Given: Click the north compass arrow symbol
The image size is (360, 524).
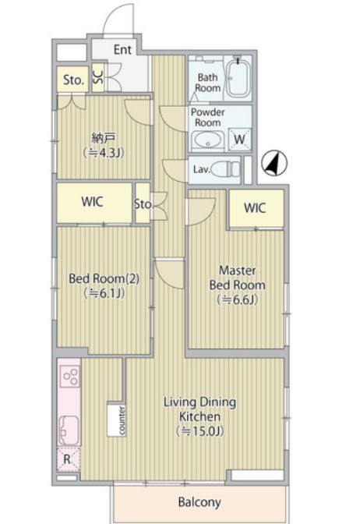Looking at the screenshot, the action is tap(274, 163).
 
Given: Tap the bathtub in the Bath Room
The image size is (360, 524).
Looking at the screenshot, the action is tap(238, 78).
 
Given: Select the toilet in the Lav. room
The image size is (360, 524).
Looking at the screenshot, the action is tap(226, 169).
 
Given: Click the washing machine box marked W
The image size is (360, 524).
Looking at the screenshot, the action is tap(240, 139).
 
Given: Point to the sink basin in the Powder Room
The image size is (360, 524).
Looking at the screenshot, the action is tap(208, 140).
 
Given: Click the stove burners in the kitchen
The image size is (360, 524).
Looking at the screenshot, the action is tap(70, 376).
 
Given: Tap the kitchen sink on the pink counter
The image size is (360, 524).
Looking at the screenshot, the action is tap(69, 430).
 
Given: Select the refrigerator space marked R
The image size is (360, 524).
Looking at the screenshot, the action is tap(68, 459).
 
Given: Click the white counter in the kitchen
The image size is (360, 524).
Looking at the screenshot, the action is tap(117, 421).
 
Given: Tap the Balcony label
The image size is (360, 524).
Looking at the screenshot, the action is tap(199, 502).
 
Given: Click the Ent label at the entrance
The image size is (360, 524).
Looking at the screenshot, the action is tap(122, 49).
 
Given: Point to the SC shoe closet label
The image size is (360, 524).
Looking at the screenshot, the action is tap(98, 78).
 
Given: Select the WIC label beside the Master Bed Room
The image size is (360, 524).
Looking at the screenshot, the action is tap(255, 208).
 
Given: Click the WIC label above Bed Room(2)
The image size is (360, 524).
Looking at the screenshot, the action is tap(92, 202).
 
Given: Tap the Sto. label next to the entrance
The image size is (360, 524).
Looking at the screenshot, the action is tap(73, 80).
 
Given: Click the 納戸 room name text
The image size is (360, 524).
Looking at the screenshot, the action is tap(104, 138).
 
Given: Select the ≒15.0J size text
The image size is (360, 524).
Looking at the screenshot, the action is tap(199, 431).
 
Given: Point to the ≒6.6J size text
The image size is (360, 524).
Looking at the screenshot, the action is tap(237, 299).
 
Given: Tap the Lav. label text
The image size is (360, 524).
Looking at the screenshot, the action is tap(201, 169).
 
